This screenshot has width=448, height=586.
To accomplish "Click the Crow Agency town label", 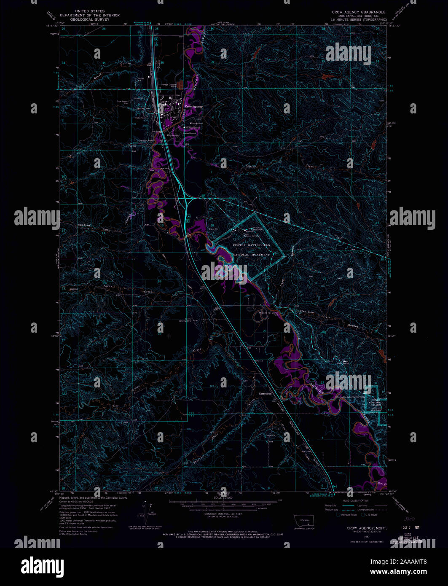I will pos(193,106).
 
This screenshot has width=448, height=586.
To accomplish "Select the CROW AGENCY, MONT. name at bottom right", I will pos(361,528).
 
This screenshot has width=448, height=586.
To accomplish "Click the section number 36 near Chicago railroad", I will pos(162,62).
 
